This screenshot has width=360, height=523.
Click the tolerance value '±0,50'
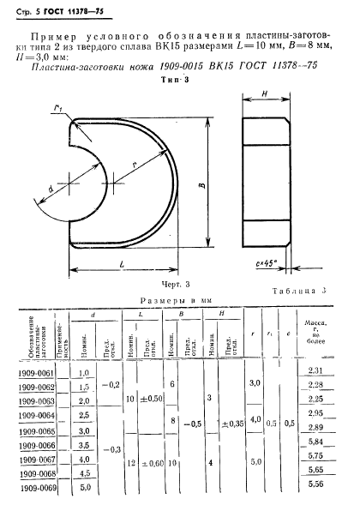151,400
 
